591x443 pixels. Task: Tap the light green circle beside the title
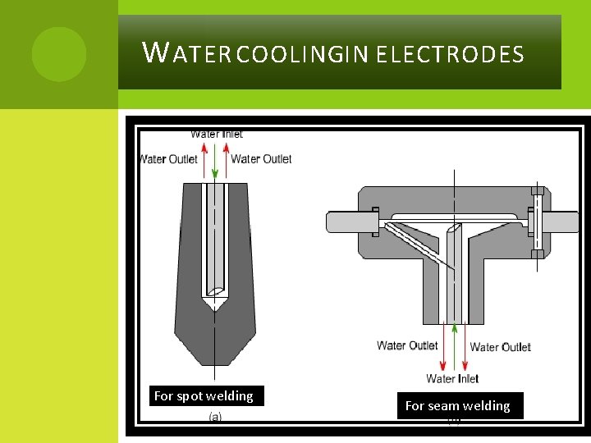59,54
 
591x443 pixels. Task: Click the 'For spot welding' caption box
204,396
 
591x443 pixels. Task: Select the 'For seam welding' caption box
458,406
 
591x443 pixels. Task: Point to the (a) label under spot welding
215,417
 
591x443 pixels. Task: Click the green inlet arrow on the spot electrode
215,161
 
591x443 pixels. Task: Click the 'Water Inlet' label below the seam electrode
452,379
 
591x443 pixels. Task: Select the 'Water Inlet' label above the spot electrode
217,134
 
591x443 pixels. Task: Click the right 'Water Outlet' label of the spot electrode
261,159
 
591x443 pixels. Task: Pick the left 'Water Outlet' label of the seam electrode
407,345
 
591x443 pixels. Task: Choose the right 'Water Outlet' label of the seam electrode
500,347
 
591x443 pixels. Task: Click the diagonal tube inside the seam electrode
415,245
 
